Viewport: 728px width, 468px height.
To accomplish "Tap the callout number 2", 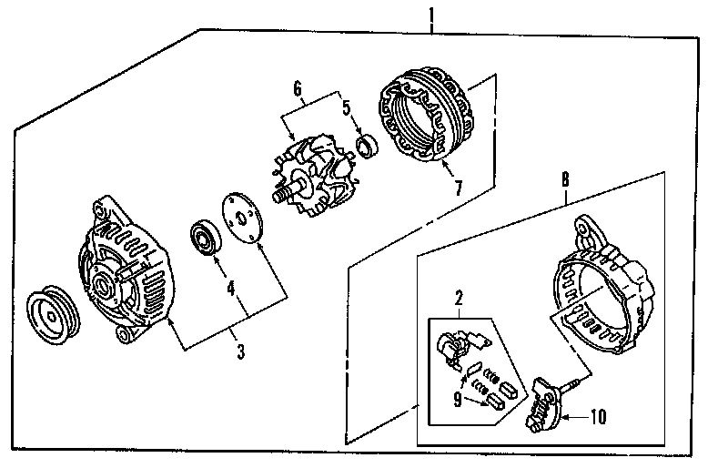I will pyautogui.click(x=460, y=298).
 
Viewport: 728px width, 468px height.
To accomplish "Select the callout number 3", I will pyautogui.click(x=240, y=351).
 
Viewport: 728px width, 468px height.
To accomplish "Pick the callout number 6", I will pyautogui.click(x=296, y=87).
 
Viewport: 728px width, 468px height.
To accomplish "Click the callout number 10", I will pyautogui.click(x=597, y=418).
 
